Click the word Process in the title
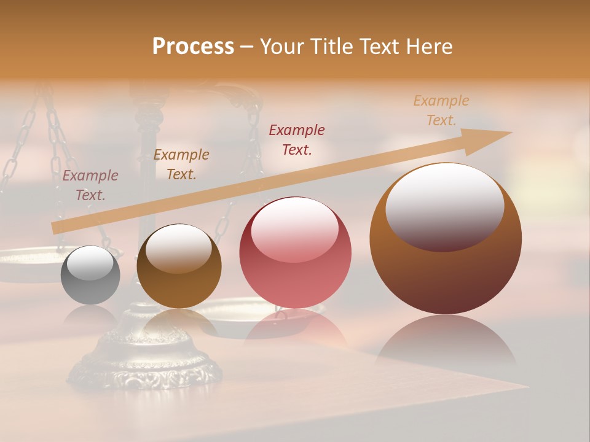(193, 46)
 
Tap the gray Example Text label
(90, 185)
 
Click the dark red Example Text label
(297, 139)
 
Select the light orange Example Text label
(441, 110)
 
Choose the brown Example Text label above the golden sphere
(181, 164)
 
